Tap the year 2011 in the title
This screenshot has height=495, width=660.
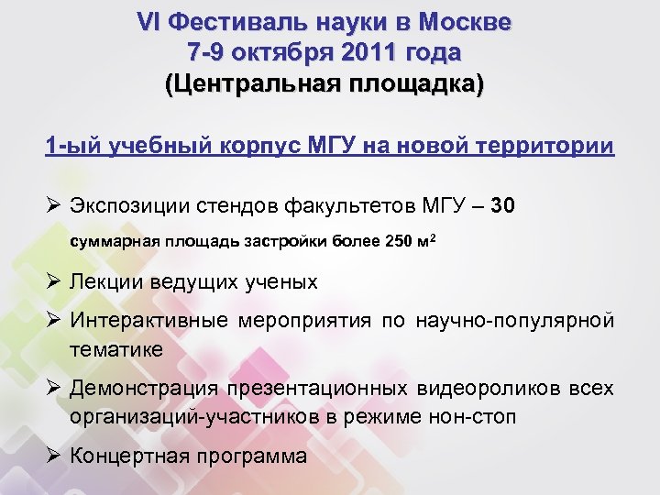(x=364, y=51)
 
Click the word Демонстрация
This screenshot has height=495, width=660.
(x=146, y=388)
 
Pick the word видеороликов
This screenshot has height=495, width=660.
(x=495, y=388)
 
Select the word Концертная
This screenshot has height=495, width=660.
(x=130, y=456)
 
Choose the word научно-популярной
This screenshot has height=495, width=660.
(x=513, y=321)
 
